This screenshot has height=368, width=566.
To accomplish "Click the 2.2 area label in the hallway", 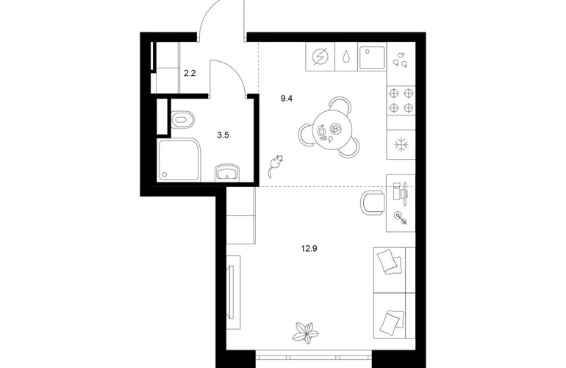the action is [x=190, y=74].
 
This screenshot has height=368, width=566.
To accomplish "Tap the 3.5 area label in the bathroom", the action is [x=223, y=135].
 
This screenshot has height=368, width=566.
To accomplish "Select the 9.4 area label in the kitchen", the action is [x=286, y=99].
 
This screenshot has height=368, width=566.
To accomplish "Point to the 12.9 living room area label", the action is [x=309, y=248].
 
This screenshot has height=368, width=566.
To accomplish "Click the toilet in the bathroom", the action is [x=183, y=119].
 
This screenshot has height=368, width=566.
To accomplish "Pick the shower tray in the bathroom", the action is [x=179, y=160].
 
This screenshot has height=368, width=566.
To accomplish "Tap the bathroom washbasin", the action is [x=227, y=173].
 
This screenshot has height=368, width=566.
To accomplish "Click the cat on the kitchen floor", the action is [x=275, y=166].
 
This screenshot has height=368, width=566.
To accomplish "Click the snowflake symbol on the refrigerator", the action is [x=401, y=145].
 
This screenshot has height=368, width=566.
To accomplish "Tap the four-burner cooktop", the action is [x=401, y=101].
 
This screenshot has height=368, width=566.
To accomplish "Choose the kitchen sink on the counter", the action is [x=372, y=57].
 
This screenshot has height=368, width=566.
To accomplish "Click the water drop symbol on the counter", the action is [x=346, y=57].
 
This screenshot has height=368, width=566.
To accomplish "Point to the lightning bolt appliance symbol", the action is [x=320, y=57].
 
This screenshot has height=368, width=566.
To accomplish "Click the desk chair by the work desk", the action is [x=373, y=202].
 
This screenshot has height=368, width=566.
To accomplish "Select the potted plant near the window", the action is [x=306, y=333].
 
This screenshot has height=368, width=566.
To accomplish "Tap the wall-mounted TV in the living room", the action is [x=230, y=291].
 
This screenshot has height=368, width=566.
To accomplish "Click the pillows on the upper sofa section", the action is [x=389, y=261].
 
